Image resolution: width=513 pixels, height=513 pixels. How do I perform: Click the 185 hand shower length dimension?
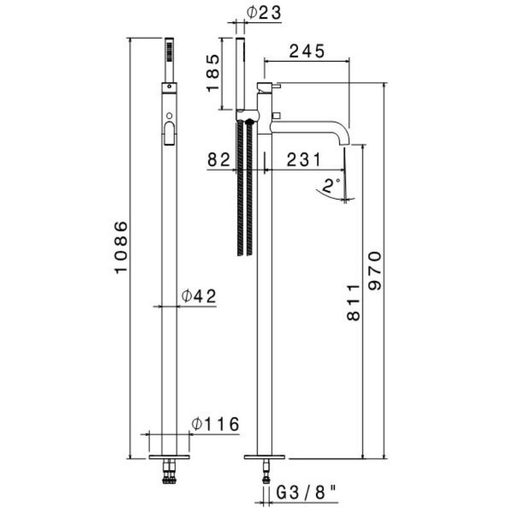pos(214,73)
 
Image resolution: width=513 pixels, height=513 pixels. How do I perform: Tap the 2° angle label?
pos(331,186)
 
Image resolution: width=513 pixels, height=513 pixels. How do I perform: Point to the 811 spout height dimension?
pos(353,301)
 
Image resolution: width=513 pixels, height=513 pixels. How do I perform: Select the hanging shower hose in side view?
pos(244,192)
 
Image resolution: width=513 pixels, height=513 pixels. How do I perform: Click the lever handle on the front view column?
pos(169,133)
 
